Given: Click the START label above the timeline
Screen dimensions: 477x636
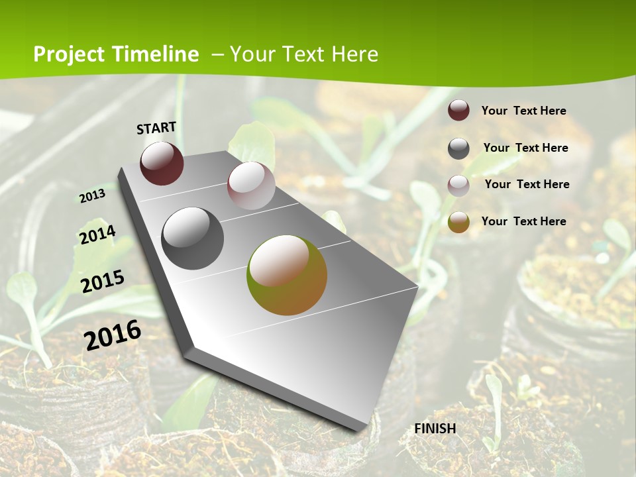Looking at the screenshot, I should [156, 128].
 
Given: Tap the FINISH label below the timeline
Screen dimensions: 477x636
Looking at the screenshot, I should [435, 429].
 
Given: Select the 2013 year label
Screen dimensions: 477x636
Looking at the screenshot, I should [92, 195].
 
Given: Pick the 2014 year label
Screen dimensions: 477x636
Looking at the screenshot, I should [97, 235].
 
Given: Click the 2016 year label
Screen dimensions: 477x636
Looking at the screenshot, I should [113, 335].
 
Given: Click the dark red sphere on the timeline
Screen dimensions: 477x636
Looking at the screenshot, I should [162, 163].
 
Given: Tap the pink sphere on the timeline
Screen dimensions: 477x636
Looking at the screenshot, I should [251, 185].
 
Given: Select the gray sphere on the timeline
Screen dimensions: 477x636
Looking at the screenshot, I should [193, 238].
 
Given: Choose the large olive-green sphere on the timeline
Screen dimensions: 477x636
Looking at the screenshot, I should [287, 275].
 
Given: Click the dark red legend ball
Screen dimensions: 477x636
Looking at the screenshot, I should [458, 110].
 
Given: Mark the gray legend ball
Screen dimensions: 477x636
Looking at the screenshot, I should [458, 148].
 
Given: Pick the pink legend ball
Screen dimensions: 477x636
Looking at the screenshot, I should [458, 185].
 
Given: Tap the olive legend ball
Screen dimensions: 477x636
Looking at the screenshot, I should [458, 223].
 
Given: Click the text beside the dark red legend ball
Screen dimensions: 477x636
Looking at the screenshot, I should [523, 111].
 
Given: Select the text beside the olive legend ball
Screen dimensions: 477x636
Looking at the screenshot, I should [523, 221].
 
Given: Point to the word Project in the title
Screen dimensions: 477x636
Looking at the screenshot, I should [68, 54].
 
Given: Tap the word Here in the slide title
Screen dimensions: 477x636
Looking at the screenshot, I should [354, 54].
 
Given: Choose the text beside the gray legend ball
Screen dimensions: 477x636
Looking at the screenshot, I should [525, 148].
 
